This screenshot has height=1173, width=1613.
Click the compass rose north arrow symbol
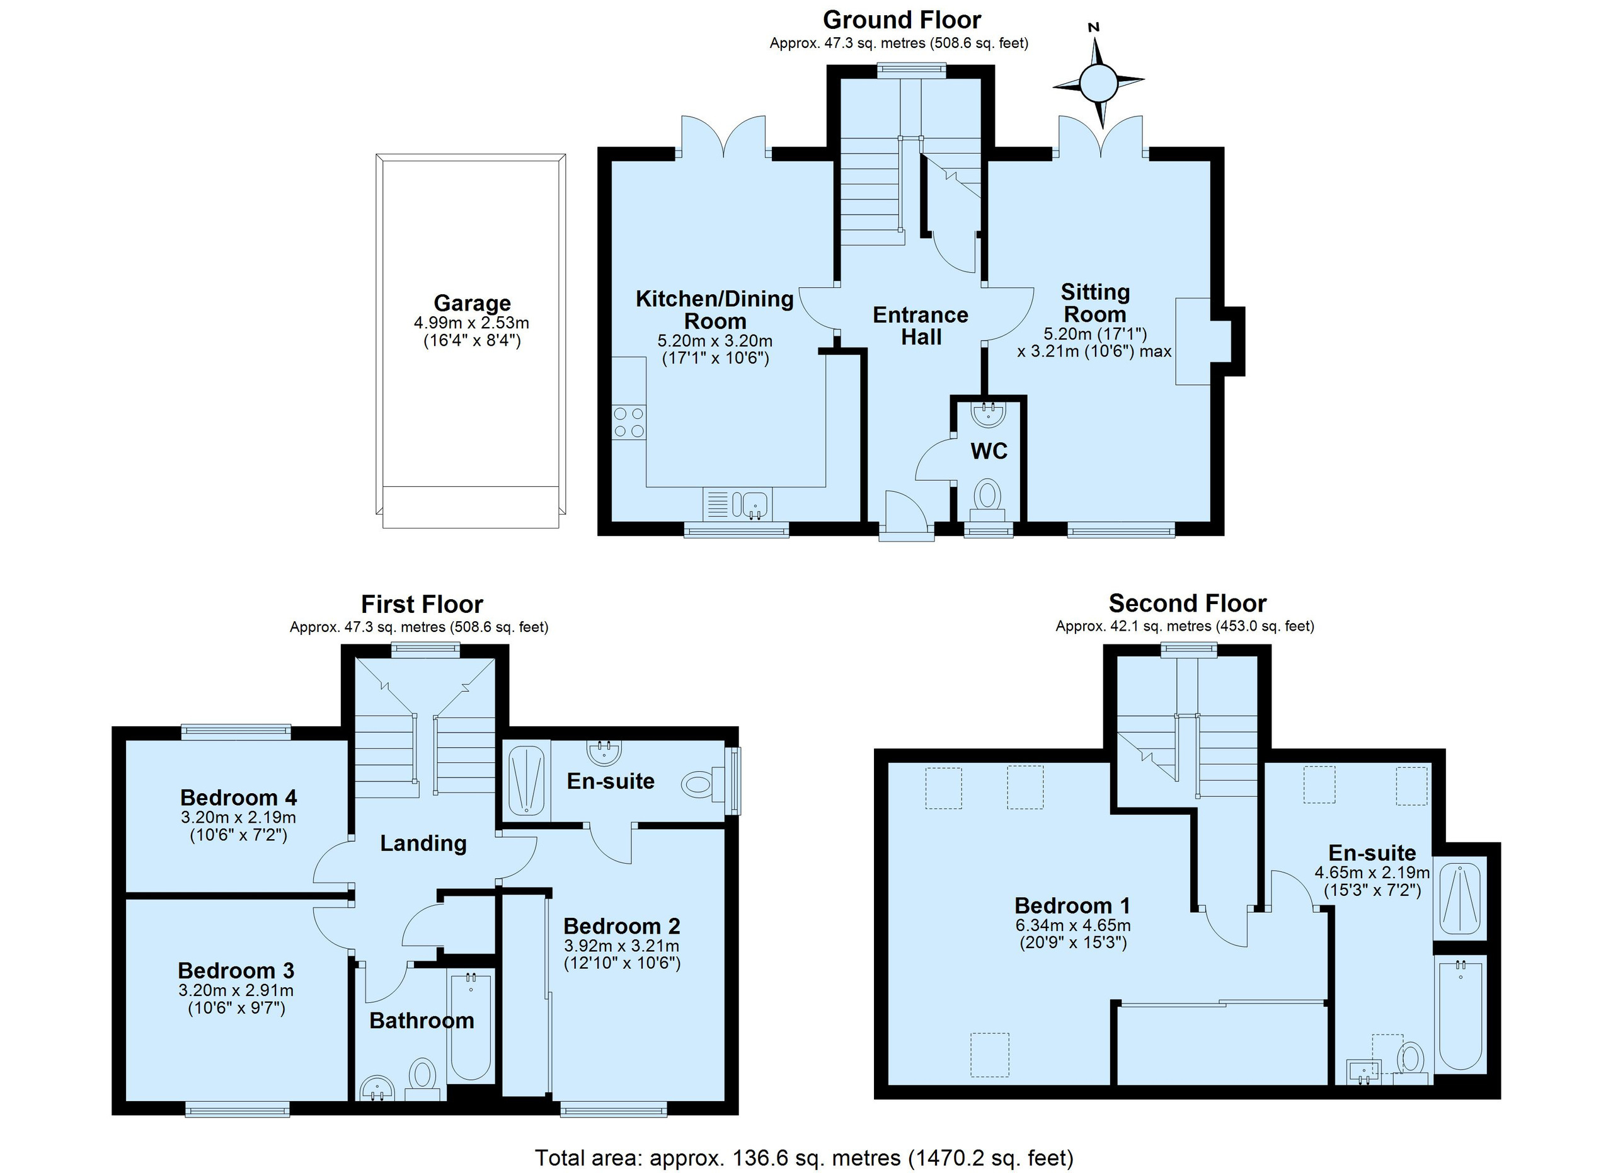tap(1098, 82)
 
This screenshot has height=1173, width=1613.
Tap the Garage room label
tap(472, 304)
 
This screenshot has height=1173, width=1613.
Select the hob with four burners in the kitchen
tap(629, 422)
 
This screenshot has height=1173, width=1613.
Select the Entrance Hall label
tap(921, 326)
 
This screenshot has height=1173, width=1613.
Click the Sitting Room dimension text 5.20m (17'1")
tap(1095, 333)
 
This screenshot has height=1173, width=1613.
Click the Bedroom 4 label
tap(238, 797)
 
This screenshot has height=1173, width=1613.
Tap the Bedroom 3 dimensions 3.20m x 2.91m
tap(236, 990)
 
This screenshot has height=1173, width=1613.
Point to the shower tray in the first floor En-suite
tap(527, 780)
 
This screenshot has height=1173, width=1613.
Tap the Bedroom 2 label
tap(622, 925)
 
